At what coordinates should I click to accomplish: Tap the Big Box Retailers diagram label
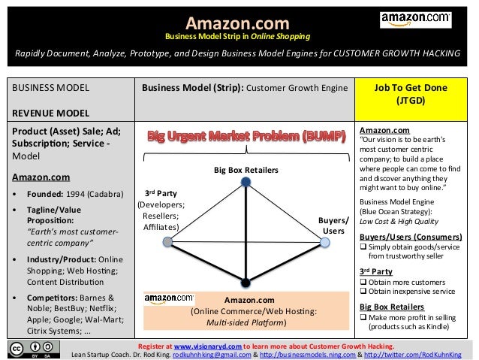pos(246,171)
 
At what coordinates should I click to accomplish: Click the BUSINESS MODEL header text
pos(45,88)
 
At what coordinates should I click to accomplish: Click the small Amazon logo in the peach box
pos(169,298)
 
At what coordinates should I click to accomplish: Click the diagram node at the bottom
pos(246,283)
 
